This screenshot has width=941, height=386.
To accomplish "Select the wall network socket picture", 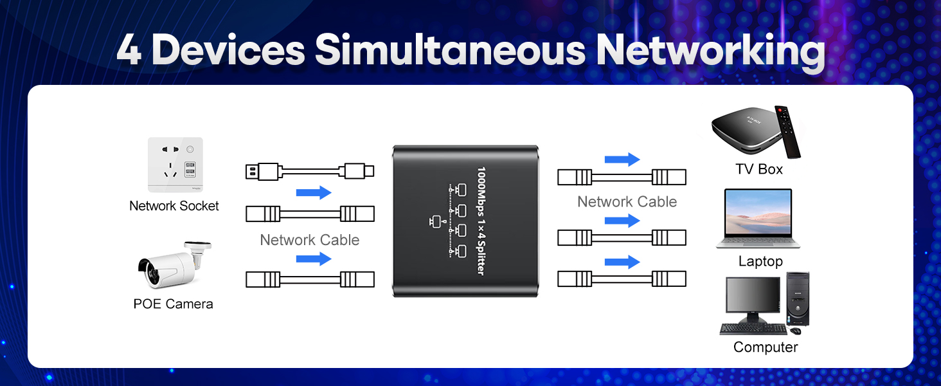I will (175, 165).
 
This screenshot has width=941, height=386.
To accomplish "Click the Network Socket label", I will (174, 206).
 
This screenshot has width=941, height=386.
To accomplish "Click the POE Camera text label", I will (173, 304).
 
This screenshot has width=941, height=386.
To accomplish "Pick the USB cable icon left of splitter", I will (309, 171).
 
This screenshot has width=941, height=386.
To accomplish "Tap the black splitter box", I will (465, 221).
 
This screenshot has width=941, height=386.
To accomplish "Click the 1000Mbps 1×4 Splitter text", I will (480, 221).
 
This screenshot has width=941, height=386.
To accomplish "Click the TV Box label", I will (759, 169).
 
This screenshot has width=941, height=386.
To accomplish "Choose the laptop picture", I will (758, 218).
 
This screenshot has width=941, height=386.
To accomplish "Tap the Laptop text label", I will (760, 261).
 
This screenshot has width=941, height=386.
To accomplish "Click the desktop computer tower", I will (798, 299).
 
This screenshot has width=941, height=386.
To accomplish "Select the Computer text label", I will (766, 347).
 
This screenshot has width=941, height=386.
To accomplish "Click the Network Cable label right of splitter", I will (627, 202).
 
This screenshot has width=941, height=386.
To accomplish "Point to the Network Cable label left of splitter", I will (309, 240).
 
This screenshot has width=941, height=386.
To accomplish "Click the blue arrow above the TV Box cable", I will (622, 160).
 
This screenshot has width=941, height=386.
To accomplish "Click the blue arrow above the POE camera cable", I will (314, 259).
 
